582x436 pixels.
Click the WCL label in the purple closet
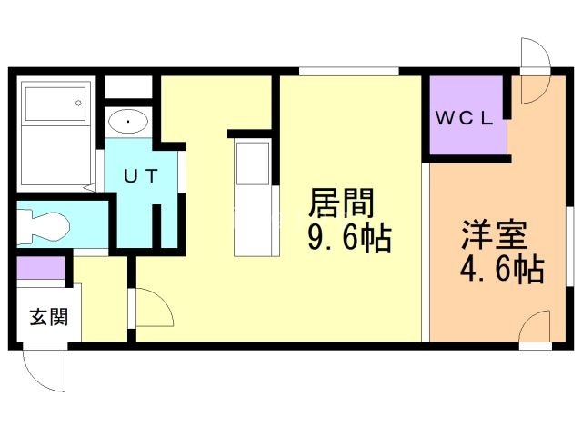coord(464,118)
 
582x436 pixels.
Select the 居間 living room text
coord(341,203)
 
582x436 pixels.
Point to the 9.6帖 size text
coord(349,238)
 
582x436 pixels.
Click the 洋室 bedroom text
coord(495,234)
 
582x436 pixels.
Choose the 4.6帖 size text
coord(503,269)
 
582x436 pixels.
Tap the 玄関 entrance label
coord(49,317)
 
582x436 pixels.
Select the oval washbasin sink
coord(128,121)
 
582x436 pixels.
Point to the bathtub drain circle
coord(78,103)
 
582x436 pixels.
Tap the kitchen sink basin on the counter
coord(253,163)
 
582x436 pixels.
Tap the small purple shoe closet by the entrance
coord(41,268)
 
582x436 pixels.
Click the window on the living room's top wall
coord(349,71)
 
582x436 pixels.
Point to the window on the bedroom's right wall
coord(570,245)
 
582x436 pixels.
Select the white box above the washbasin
coord(128,87)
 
